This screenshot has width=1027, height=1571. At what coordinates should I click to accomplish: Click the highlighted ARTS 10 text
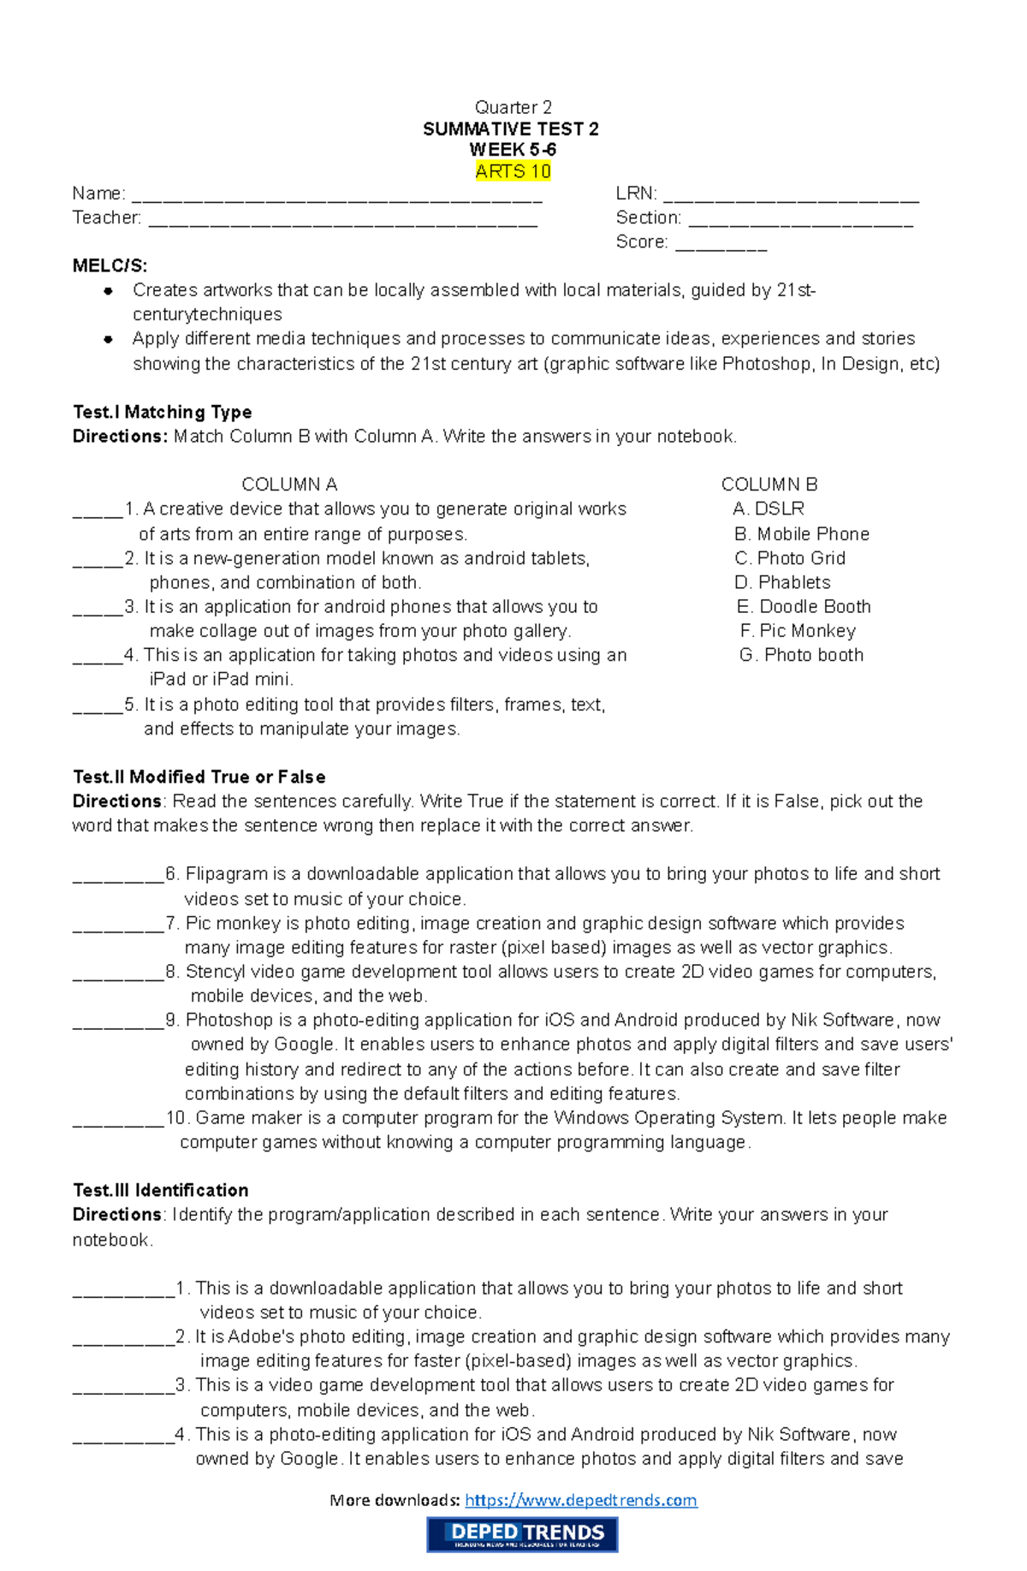(x=513, y=171)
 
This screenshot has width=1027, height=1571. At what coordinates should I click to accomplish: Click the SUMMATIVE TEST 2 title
(x=511, y=129)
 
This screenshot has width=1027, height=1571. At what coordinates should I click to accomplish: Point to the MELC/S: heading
(x=110, y=265)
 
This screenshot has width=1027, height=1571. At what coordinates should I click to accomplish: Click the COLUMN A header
(x=289, y=485)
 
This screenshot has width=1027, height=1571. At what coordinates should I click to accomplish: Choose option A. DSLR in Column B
(x=769, y=509)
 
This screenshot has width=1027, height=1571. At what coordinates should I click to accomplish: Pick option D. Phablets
(x=782, y=582)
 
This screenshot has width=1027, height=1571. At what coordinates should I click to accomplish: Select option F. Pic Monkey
(x=797, y=631)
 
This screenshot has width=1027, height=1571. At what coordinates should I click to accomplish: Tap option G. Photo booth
(x=801, y=655)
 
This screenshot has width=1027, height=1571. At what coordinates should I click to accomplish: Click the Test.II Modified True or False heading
(x=199, y=777)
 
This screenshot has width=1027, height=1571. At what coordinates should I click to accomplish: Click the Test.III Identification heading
(x=160, y=1190)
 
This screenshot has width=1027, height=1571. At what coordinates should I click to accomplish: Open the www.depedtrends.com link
(x=580, y=1500)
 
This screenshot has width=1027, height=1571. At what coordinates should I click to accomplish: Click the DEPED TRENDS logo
(x=522, y=1534)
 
